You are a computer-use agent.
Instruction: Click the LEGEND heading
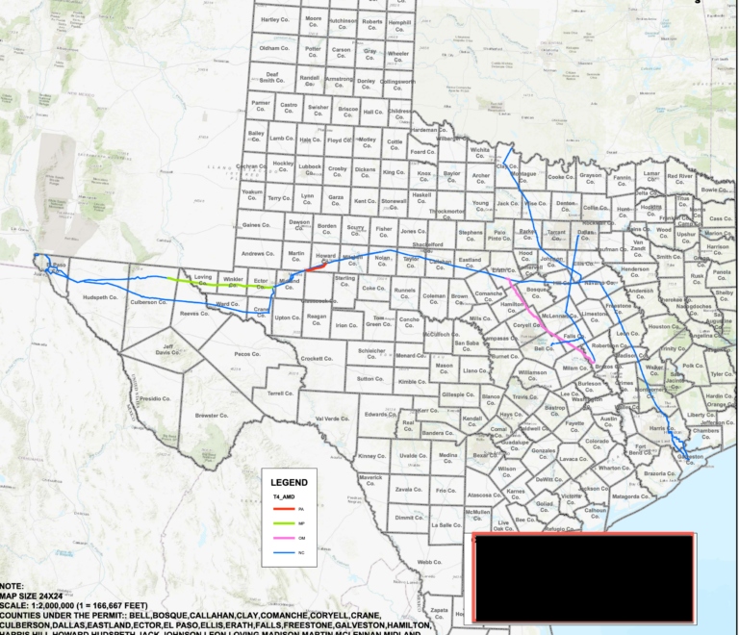(x=289, y=481)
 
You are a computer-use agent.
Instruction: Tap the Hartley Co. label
(x=275, y=19)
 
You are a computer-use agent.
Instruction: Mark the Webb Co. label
(x=428, y=562)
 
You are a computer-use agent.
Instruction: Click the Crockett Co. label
(x=316, y=359)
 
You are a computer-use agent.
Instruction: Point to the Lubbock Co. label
(x=309, y=167)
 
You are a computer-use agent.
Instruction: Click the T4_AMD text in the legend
(x=283, y=496)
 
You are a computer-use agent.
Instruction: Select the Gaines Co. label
(x=256, y=225)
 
